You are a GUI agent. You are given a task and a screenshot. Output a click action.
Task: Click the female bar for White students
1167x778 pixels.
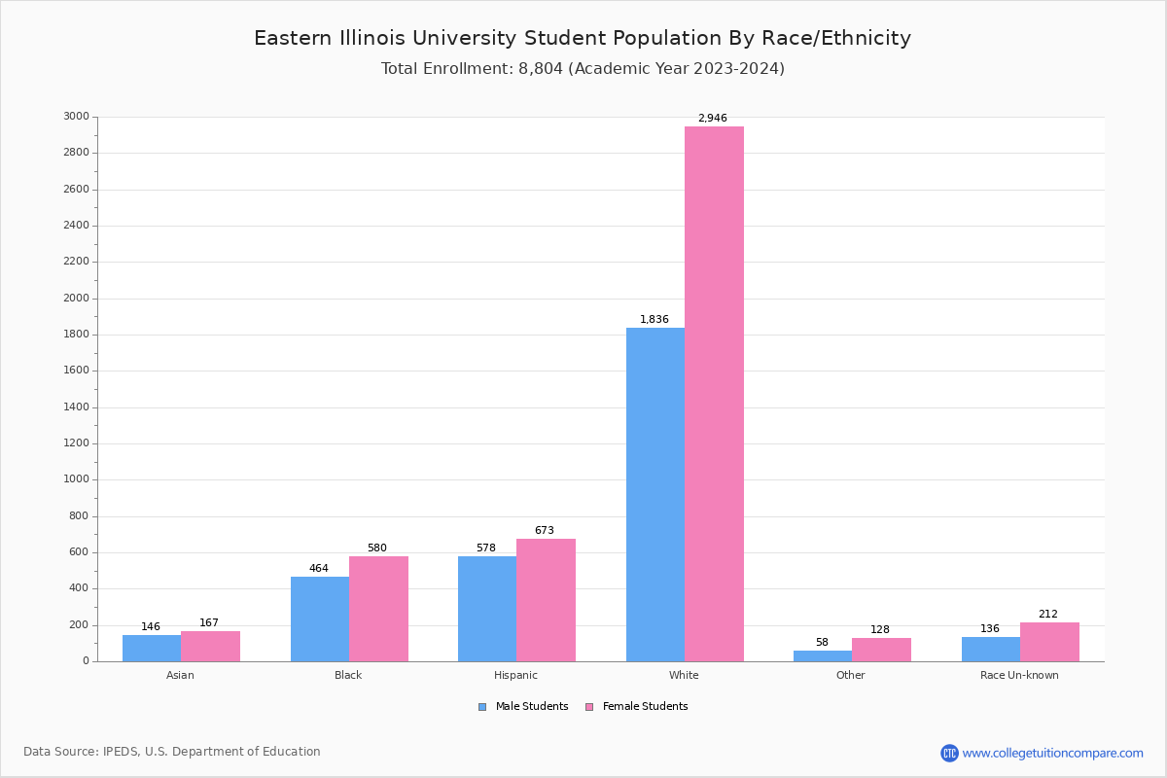[x=714, y=394]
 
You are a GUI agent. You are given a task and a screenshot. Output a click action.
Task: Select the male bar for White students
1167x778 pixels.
[x=655, y=494]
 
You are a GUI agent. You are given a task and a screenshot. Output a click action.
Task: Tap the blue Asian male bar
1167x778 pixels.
[x=152, y=648]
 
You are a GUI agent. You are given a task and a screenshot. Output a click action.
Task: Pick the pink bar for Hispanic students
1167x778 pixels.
[x=546, y=600]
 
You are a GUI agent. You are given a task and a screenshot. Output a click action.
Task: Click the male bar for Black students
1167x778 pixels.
[x=320, y=619]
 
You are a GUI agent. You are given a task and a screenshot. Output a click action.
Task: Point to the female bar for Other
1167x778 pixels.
[x=881, y=650]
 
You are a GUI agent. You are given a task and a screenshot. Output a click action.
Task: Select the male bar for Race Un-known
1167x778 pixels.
[x=990, y=649]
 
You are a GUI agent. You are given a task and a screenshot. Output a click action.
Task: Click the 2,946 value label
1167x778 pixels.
[x=712, y=119]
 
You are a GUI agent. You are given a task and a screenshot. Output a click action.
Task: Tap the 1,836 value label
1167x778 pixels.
[x=654, y=320]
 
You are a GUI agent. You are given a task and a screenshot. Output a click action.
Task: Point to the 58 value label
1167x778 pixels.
[x=822, y=643]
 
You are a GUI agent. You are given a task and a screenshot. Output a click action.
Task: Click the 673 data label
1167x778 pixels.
[x=544, y=531]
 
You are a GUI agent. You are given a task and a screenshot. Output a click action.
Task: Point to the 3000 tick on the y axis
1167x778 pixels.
[x=76, y=117]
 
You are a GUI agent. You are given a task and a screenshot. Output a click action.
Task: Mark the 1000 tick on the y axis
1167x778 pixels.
[x=76, y=479]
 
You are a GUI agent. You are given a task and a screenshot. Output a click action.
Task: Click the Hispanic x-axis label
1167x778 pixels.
[x=515, y=676]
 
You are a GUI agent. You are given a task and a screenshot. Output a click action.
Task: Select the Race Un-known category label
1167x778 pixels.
[x=1019, y=676]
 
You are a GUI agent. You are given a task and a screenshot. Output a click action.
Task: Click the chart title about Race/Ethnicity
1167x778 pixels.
[x=583, y=39]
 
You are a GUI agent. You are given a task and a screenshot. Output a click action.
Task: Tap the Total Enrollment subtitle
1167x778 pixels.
[x=583, y=69]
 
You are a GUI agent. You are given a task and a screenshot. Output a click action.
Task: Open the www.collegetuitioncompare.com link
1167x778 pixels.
[x=1052, y=754]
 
